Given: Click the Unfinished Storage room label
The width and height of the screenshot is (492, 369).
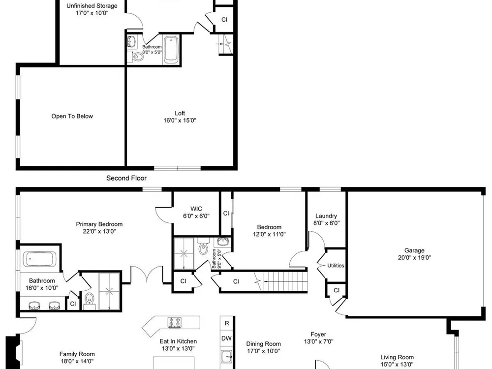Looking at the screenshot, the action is pyautogui.click(x=92, y=5).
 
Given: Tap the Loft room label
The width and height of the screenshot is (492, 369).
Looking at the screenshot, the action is pyautogui.click(x=180, y=113).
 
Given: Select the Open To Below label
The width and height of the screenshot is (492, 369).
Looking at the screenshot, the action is pyautogui.click(x=72, y=116).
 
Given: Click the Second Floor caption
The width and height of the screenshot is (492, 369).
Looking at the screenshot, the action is pyautogui.click(x=126, y=178).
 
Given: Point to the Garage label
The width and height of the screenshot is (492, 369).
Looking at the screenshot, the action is pyautogui.click(x=414, y=250).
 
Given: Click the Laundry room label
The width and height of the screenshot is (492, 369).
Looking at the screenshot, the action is pyautogui.click(x=326, y=216).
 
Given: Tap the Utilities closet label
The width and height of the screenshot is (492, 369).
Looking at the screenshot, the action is pyautogui.click(x=336, y=266).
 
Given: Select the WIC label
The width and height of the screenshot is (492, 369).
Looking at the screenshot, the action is pyautogui.click(x=196, y=209).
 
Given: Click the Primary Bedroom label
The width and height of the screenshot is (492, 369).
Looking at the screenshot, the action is pyautogui.click(x=99, y=224).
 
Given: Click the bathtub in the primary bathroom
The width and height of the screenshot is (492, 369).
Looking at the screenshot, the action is pyautogui.click(x=39, y=259).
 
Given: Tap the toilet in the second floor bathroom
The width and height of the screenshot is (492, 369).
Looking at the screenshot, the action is pyautogui.click(x=137, y=57).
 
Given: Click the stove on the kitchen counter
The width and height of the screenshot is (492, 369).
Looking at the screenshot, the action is pyautogui.click(x=175, y=322).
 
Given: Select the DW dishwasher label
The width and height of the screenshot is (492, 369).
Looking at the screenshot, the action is pyautogui.click(x=226, y=338).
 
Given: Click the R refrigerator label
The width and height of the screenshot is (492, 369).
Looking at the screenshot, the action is pyautogui.click(x=227, y=323).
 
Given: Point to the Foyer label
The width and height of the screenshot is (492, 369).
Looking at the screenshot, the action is pyautogui.click(x=318, y=334).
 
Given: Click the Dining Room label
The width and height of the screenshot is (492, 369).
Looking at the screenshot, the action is pyautogui.click(x=263, y=343).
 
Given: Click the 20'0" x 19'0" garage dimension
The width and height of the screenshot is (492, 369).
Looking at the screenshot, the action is pyautogui.click(x=414, y=258).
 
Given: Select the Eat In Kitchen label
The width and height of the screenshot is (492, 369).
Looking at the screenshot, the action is pyautogui.click(x=178, y=341).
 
